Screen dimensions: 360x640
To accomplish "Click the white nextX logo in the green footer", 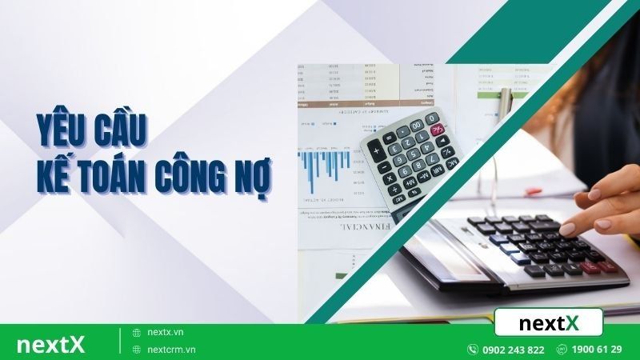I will pos(50,343).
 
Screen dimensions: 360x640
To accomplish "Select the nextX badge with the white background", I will pos(548,322).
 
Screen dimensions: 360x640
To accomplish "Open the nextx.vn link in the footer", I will pos(166,331).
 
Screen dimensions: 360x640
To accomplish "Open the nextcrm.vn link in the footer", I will pos(171,350).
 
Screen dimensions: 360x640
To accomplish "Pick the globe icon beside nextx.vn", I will pos(137,332).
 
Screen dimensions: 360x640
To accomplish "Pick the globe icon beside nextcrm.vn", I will pos(137,350).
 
